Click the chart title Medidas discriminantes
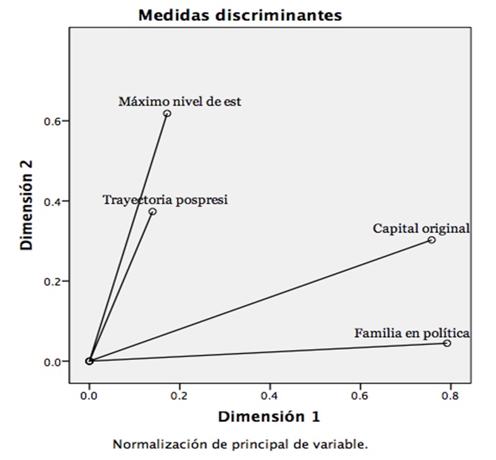point(240,15)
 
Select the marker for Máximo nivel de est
point(167,113)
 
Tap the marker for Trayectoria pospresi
point(153,212)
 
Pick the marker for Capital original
point(431,240)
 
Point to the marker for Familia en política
point(447,343)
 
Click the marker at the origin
point(89,361)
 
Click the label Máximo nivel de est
point(180,101)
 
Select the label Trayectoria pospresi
point(165,200)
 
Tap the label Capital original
point(421,228)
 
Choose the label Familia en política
point(412,332)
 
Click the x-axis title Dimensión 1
point(269,416)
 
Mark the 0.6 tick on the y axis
point(51,121)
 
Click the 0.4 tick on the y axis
point(51,201)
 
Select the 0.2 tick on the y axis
point(51,281)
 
